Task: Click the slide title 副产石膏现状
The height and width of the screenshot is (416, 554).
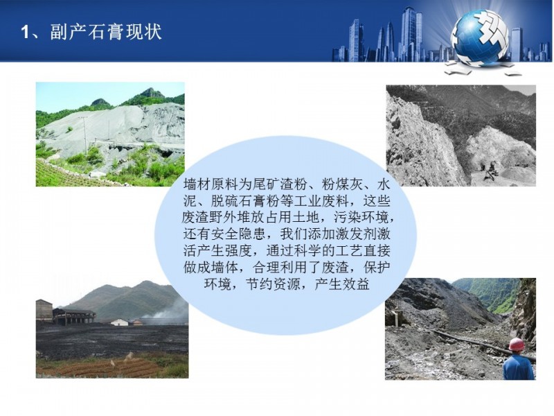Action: coord(106,32)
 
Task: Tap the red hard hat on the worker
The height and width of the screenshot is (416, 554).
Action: coord(517,344)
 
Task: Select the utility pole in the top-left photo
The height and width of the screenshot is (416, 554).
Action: coord(85,136)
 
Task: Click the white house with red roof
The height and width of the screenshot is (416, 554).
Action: coord(119,322)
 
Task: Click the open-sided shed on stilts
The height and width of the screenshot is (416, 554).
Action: coord(74,316)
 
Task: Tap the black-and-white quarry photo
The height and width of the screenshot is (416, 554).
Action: coord(461,135)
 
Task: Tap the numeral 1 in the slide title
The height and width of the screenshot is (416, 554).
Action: coord(25,32)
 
